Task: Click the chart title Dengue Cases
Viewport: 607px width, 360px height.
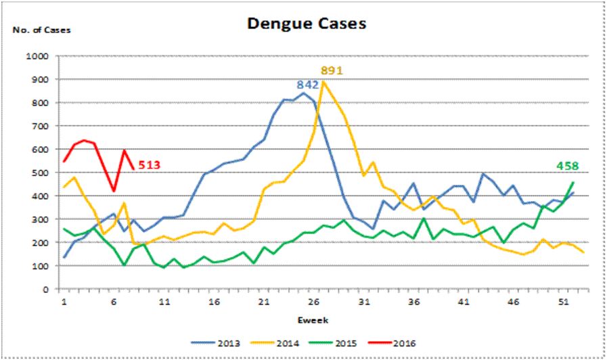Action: pyautogui.click(x=307, y=24)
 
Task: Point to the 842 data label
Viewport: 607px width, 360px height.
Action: pyautogui.click(x=308, y=85)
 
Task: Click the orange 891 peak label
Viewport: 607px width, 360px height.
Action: pyautogui.click(x=332, y=70)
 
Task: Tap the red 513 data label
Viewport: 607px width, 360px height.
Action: pyautogui.click(x=151, y=164)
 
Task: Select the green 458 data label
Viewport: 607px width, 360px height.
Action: pyautogui.click(x=568, y=166)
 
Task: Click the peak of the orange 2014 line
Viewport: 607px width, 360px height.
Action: pyautogui.click(x=323, y=82)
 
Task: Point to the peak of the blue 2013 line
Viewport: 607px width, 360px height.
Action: pyautogui.click(x=303, y=93)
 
